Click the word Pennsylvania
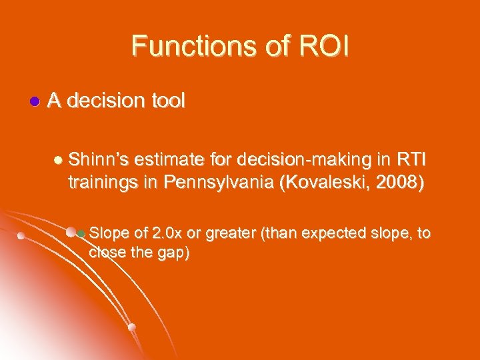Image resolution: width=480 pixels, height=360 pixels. [217, 183]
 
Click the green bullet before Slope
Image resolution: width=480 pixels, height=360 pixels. [81, 234]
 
